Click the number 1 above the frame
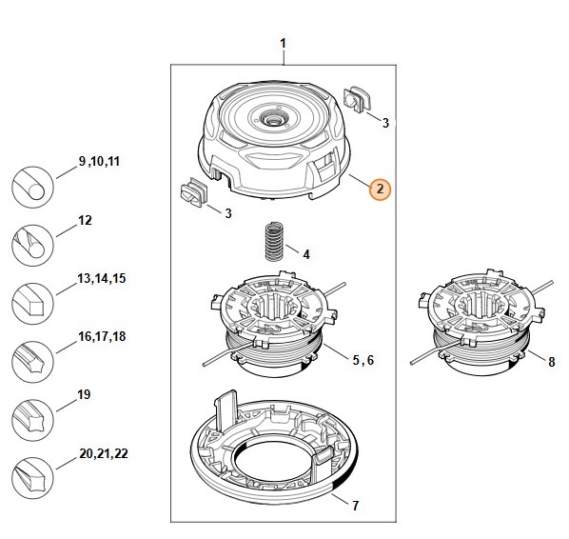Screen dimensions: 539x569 coord(283,45)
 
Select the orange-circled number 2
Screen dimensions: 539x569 coord(379,189)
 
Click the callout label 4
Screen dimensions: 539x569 coord(305,255)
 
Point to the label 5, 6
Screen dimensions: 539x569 coord(363,360)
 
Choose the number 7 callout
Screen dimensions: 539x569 coord(356,504)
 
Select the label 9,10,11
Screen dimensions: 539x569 coord(100,163)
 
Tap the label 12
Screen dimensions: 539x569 coord(85,220)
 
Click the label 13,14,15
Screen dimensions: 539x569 coord(102,278)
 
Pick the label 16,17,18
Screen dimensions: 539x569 coord(101,336)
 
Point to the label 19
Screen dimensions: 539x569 coord(84,393)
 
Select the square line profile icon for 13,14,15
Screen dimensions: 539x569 coord(32,305)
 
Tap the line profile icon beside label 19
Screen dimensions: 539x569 coord(32,420)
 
